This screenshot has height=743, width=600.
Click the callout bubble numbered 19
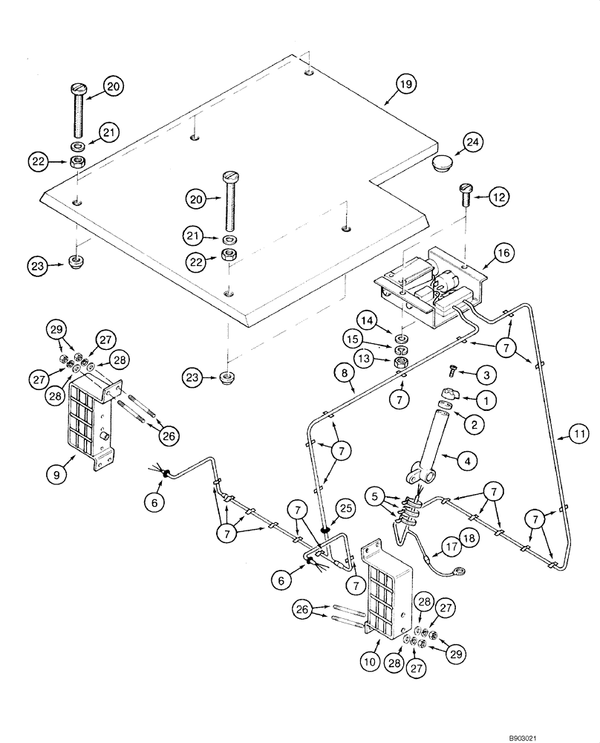(x=402, y=86)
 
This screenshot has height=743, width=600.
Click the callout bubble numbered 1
(x=486, y=400)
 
